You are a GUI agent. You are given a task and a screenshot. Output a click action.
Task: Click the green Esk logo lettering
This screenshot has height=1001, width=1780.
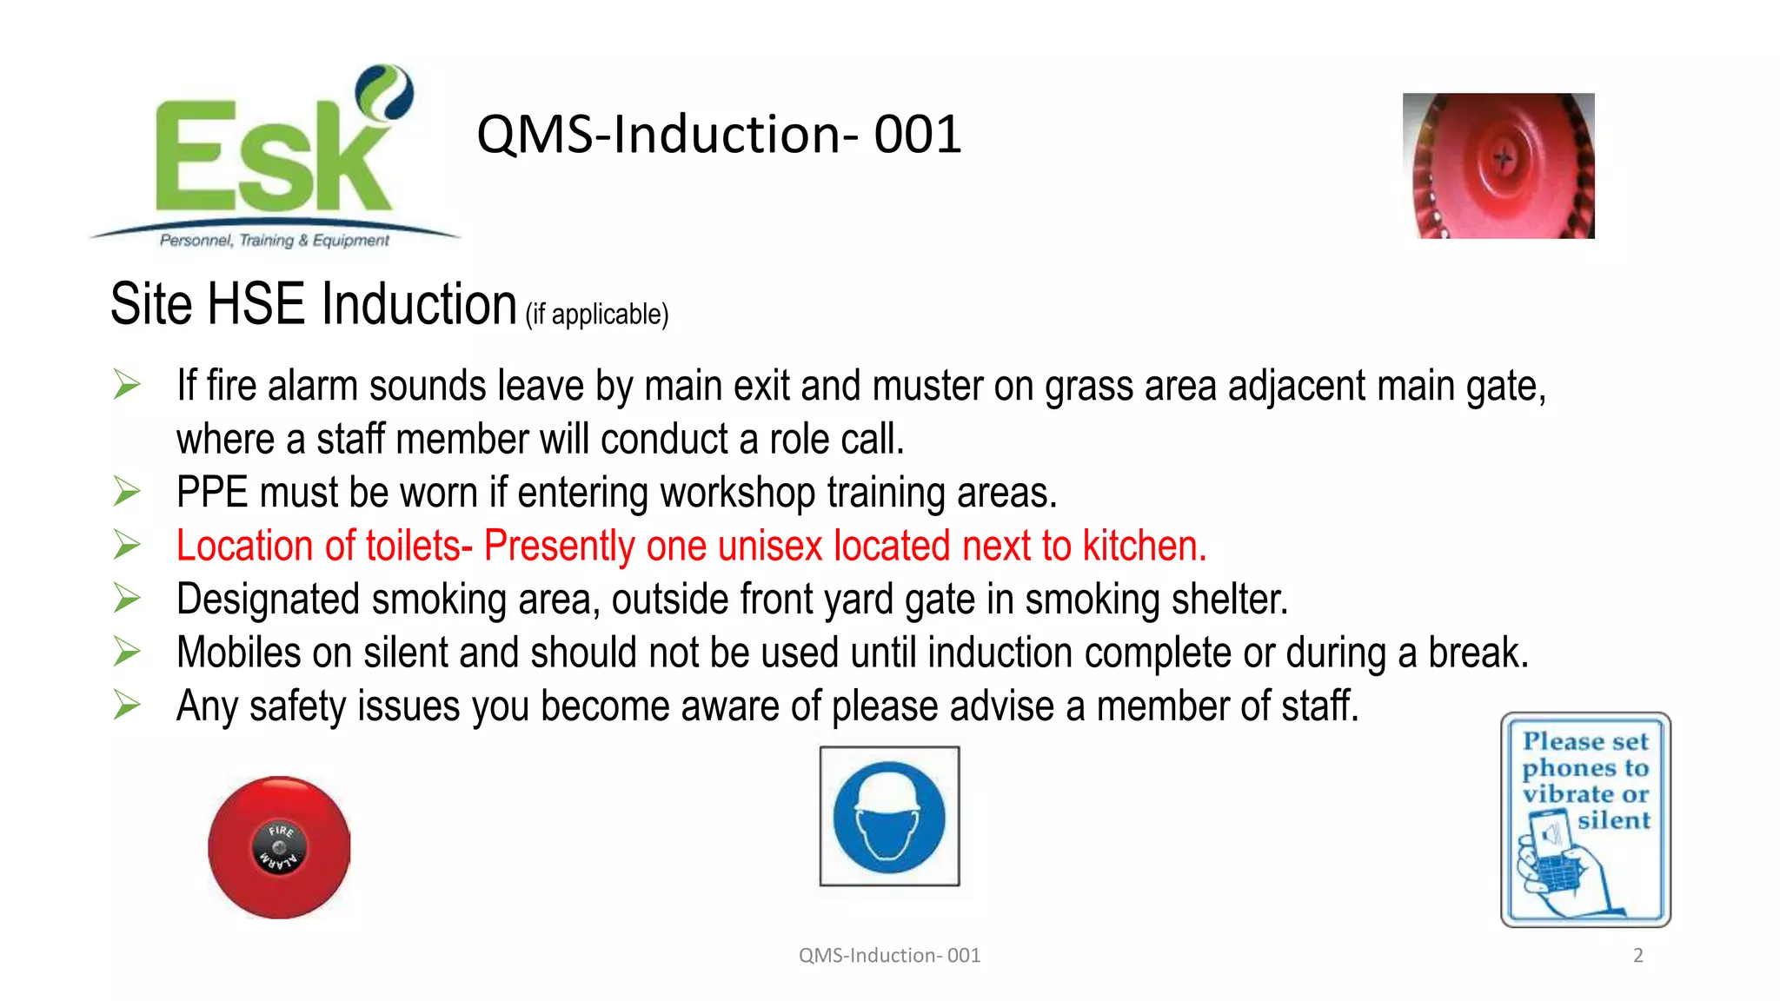click(x=269, y=156)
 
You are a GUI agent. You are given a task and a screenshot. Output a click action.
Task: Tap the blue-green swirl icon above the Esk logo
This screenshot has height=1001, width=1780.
click(x=385, y=90)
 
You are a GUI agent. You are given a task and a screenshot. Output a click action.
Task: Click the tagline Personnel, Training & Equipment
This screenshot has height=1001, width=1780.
click(x=274, y=241)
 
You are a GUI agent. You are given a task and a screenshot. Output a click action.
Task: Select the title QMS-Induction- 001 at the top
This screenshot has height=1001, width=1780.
click(x=719, y=135)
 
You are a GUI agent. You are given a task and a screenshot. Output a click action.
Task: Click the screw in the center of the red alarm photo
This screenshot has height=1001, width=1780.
click(x=1504, y=159)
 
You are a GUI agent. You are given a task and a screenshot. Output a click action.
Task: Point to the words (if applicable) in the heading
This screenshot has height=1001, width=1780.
click(x=597, y=315)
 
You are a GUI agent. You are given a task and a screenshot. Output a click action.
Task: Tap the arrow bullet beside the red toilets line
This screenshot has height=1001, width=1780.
click(x=127, y=546)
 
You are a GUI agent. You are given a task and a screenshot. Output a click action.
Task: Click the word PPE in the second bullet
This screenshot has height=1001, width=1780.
click(x=212, y=493)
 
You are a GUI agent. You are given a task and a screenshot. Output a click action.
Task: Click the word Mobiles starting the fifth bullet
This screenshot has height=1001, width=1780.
click(x=239, y=653)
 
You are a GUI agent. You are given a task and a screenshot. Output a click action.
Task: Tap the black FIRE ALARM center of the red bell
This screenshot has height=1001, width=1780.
click(x=279, y=847)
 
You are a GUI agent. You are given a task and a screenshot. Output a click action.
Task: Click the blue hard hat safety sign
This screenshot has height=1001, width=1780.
click(x=889, y=817)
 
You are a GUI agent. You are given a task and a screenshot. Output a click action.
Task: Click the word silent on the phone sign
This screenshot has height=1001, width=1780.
click(x=1613, y=820)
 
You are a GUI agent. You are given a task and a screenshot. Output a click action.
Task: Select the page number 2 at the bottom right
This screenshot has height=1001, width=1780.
click(x=1637, y=956)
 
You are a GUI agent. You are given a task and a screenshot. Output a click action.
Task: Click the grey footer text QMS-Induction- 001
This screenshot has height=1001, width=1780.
click(x=889, y=956)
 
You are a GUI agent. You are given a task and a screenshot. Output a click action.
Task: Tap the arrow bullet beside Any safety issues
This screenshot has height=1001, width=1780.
click(x=127, y=706)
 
